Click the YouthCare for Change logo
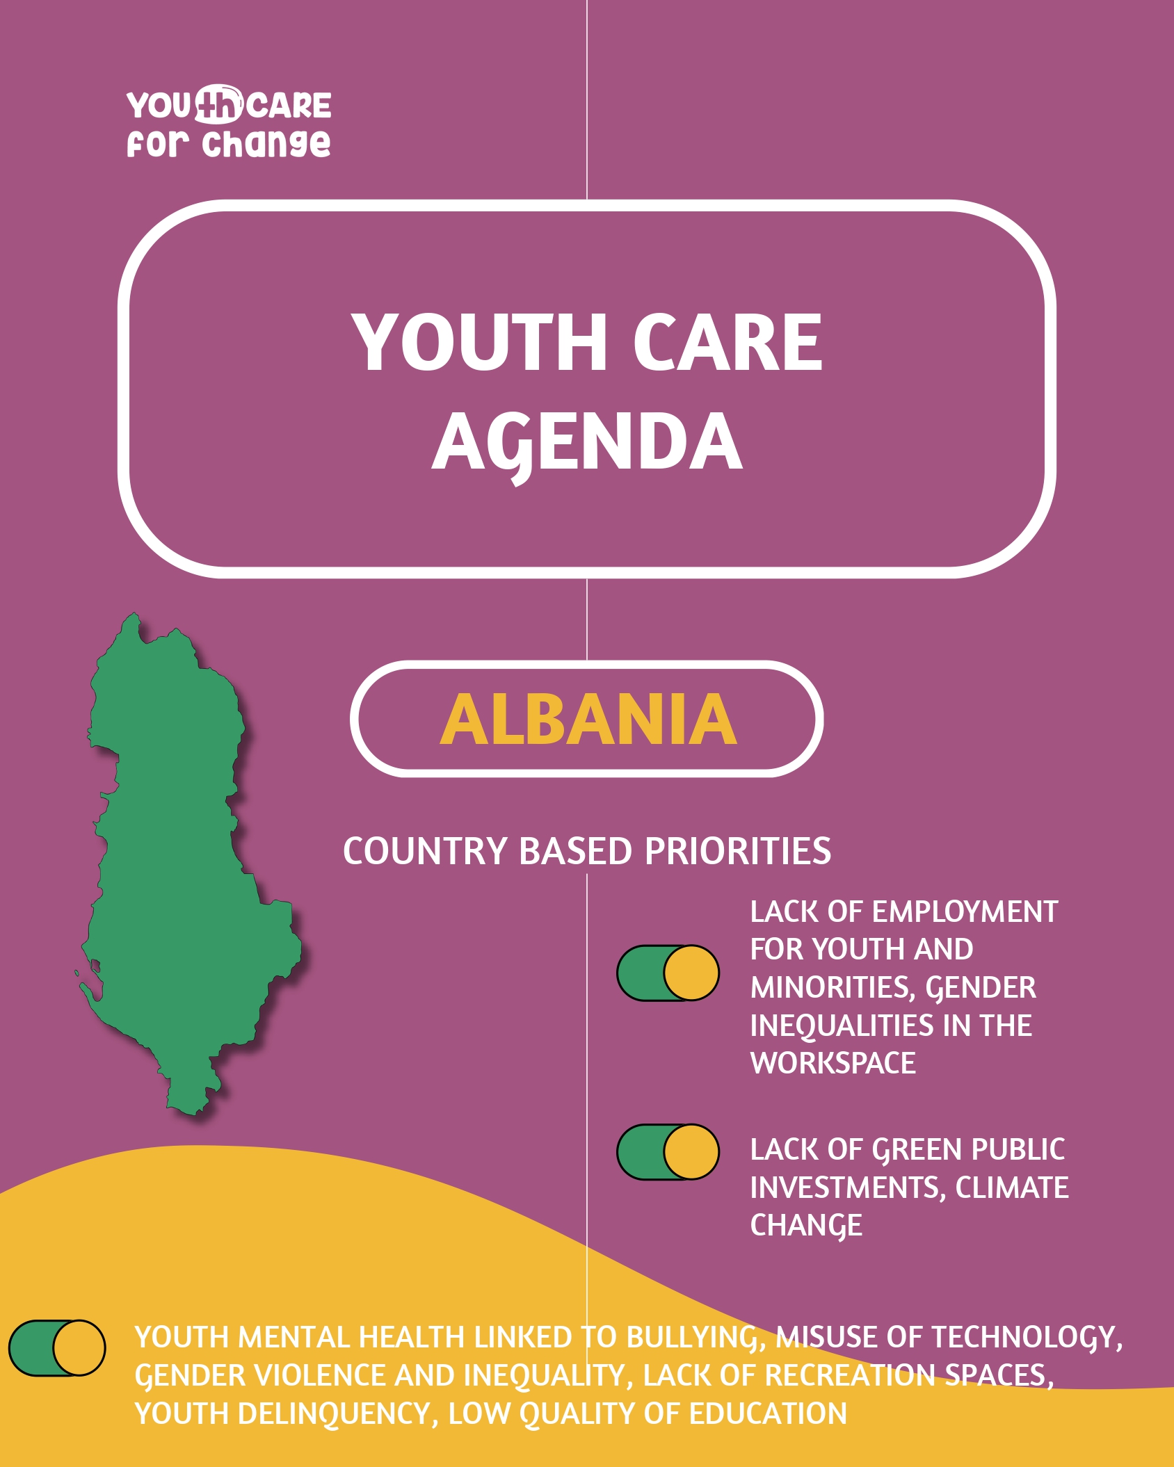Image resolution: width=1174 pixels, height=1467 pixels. click(229, 122)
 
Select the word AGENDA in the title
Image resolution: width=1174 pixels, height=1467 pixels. click(587, 442)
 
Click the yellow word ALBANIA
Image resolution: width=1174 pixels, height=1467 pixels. click(588, 720)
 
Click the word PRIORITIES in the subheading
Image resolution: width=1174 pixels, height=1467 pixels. click(737, 852)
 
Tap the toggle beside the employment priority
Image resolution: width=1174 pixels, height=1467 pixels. click(668, 973)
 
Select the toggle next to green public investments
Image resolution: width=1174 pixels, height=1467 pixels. click(668, 1152)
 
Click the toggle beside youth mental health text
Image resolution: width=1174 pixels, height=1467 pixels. click(57, 1348)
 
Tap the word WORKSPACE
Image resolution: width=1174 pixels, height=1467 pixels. click(833, 1063)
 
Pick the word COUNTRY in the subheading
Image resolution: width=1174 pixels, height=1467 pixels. click(425, 852)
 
